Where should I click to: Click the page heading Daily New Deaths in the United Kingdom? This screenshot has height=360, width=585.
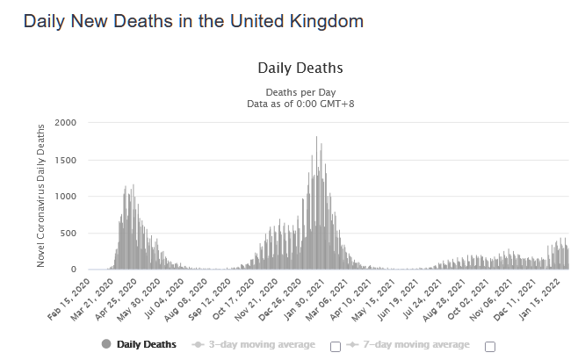[193, 20]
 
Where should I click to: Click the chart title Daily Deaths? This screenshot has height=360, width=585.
[300, 68]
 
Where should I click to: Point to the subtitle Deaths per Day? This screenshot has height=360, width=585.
[300, 92]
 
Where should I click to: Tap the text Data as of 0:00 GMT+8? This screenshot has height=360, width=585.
[300, 104]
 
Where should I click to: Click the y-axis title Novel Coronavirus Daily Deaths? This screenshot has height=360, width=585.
[41, 195]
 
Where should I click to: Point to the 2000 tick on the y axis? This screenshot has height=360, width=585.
[66, 122]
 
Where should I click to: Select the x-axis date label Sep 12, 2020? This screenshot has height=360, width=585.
[210, 297]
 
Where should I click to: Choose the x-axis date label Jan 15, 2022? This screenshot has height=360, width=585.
[545, 297]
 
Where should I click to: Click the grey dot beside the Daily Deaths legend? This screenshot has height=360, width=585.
[107, 344]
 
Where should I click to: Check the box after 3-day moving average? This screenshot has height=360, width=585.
[336, 346]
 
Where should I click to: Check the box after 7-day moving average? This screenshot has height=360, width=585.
[489, 346]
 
